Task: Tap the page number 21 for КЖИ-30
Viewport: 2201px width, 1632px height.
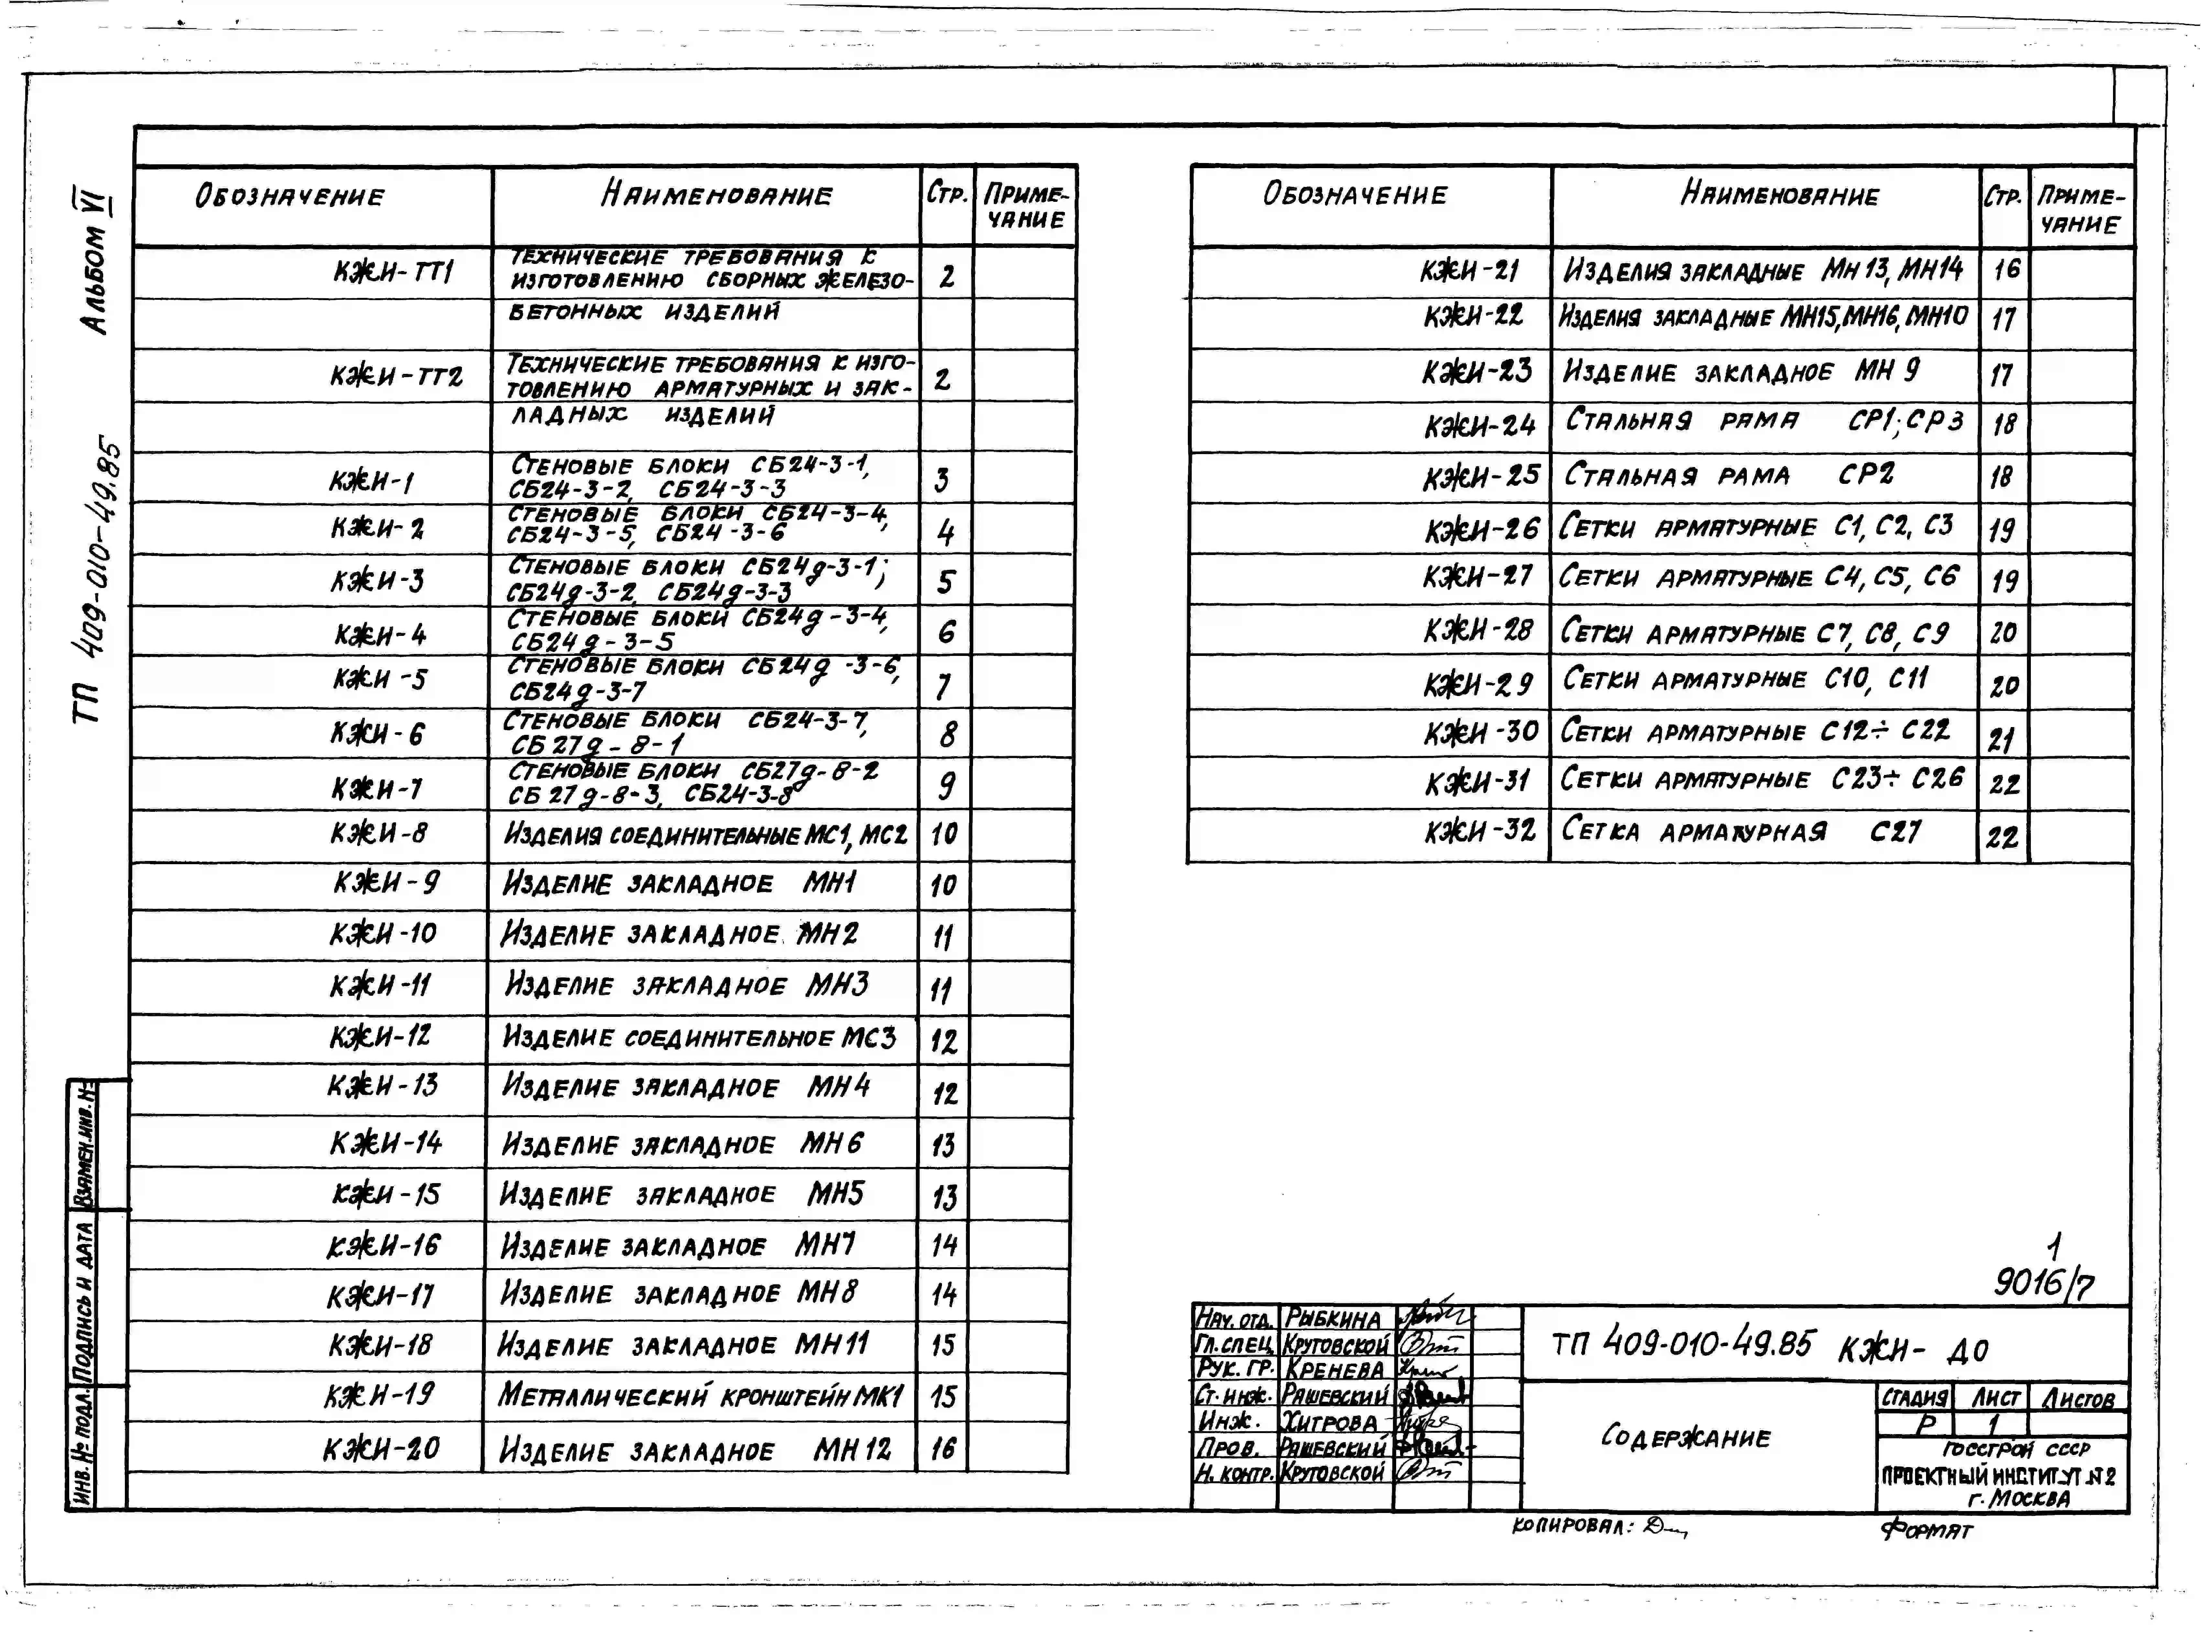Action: (2002, 738)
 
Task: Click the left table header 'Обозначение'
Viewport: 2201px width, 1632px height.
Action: (290, 196)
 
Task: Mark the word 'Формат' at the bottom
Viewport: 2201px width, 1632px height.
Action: (1926, 1530)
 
